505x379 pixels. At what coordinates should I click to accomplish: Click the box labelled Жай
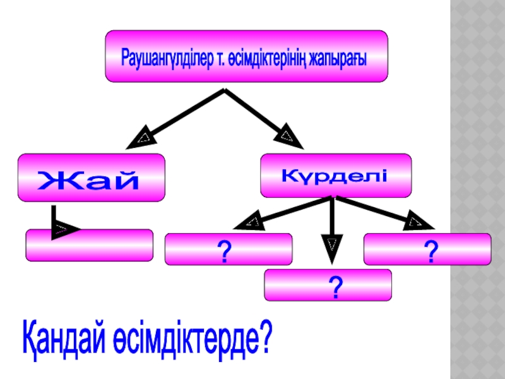click(x=91, y=178)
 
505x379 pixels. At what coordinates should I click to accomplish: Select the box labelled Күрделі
click(x=335, y=174)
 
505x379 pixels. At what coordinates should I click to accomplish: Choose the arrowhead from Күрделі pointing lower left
click(x=248, y=222)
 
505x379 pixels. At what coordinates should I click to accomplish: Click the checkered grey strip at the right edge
click(x=477, y=189)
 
